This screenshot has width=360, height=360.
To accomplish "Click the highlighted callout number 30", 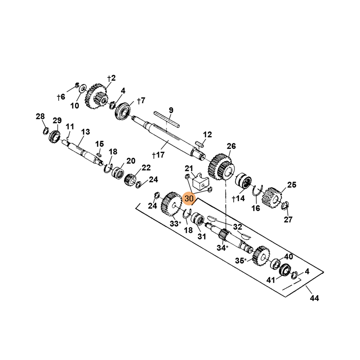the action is coord(189,198).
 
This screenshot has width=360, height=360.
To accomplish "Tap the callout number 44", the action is coord(314,298).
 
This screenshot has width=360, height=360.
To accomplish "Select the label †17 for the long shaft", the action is coord(158,155).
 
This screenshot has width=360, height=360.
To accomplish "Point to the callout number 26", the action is coord(231,146).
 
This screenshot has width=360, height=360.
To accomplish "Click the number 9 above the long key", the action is coord(171,110).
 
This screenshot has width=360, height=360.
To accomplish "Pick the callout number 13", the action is coord(85,132).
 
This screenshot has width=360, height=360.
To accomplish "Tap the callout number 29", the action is coord(57,120).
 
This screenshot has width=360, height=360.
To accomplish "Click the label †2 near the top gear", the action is coord(111,78).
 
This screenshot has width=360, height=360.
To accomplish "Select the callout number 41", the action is coord(270,280).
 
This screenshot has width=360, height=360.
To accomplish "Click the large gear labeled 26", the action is coord(221,167).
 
